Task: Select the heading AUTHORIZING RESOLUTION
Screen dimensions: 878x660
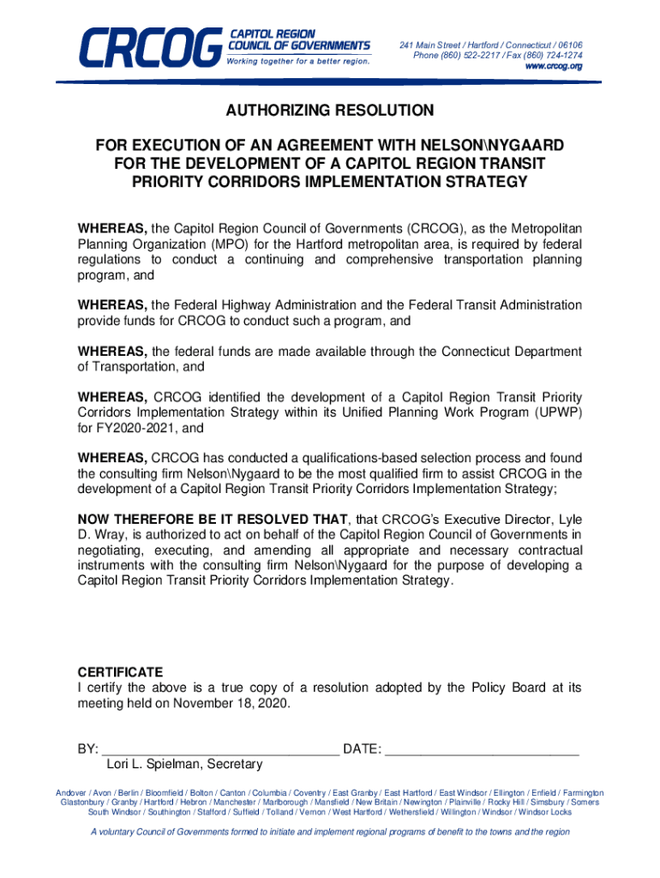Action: [x=330, y=111]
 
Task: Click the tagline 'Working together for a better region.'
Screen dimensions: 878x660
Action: [x=298, y=62]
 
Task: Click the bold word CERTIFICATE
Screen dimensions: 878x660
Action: [x=120, y=672]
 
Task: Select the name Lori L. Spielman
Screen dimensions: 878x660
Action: [x=153, y=764]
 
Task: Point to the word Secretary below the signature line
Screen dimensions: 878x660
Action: [x=233, y=764]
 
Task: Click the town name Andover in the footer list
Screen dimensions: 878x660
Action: [x=71, y=793]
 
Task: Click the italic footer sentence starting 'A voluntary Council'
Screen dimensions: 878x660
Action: [x=330, y=832]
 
